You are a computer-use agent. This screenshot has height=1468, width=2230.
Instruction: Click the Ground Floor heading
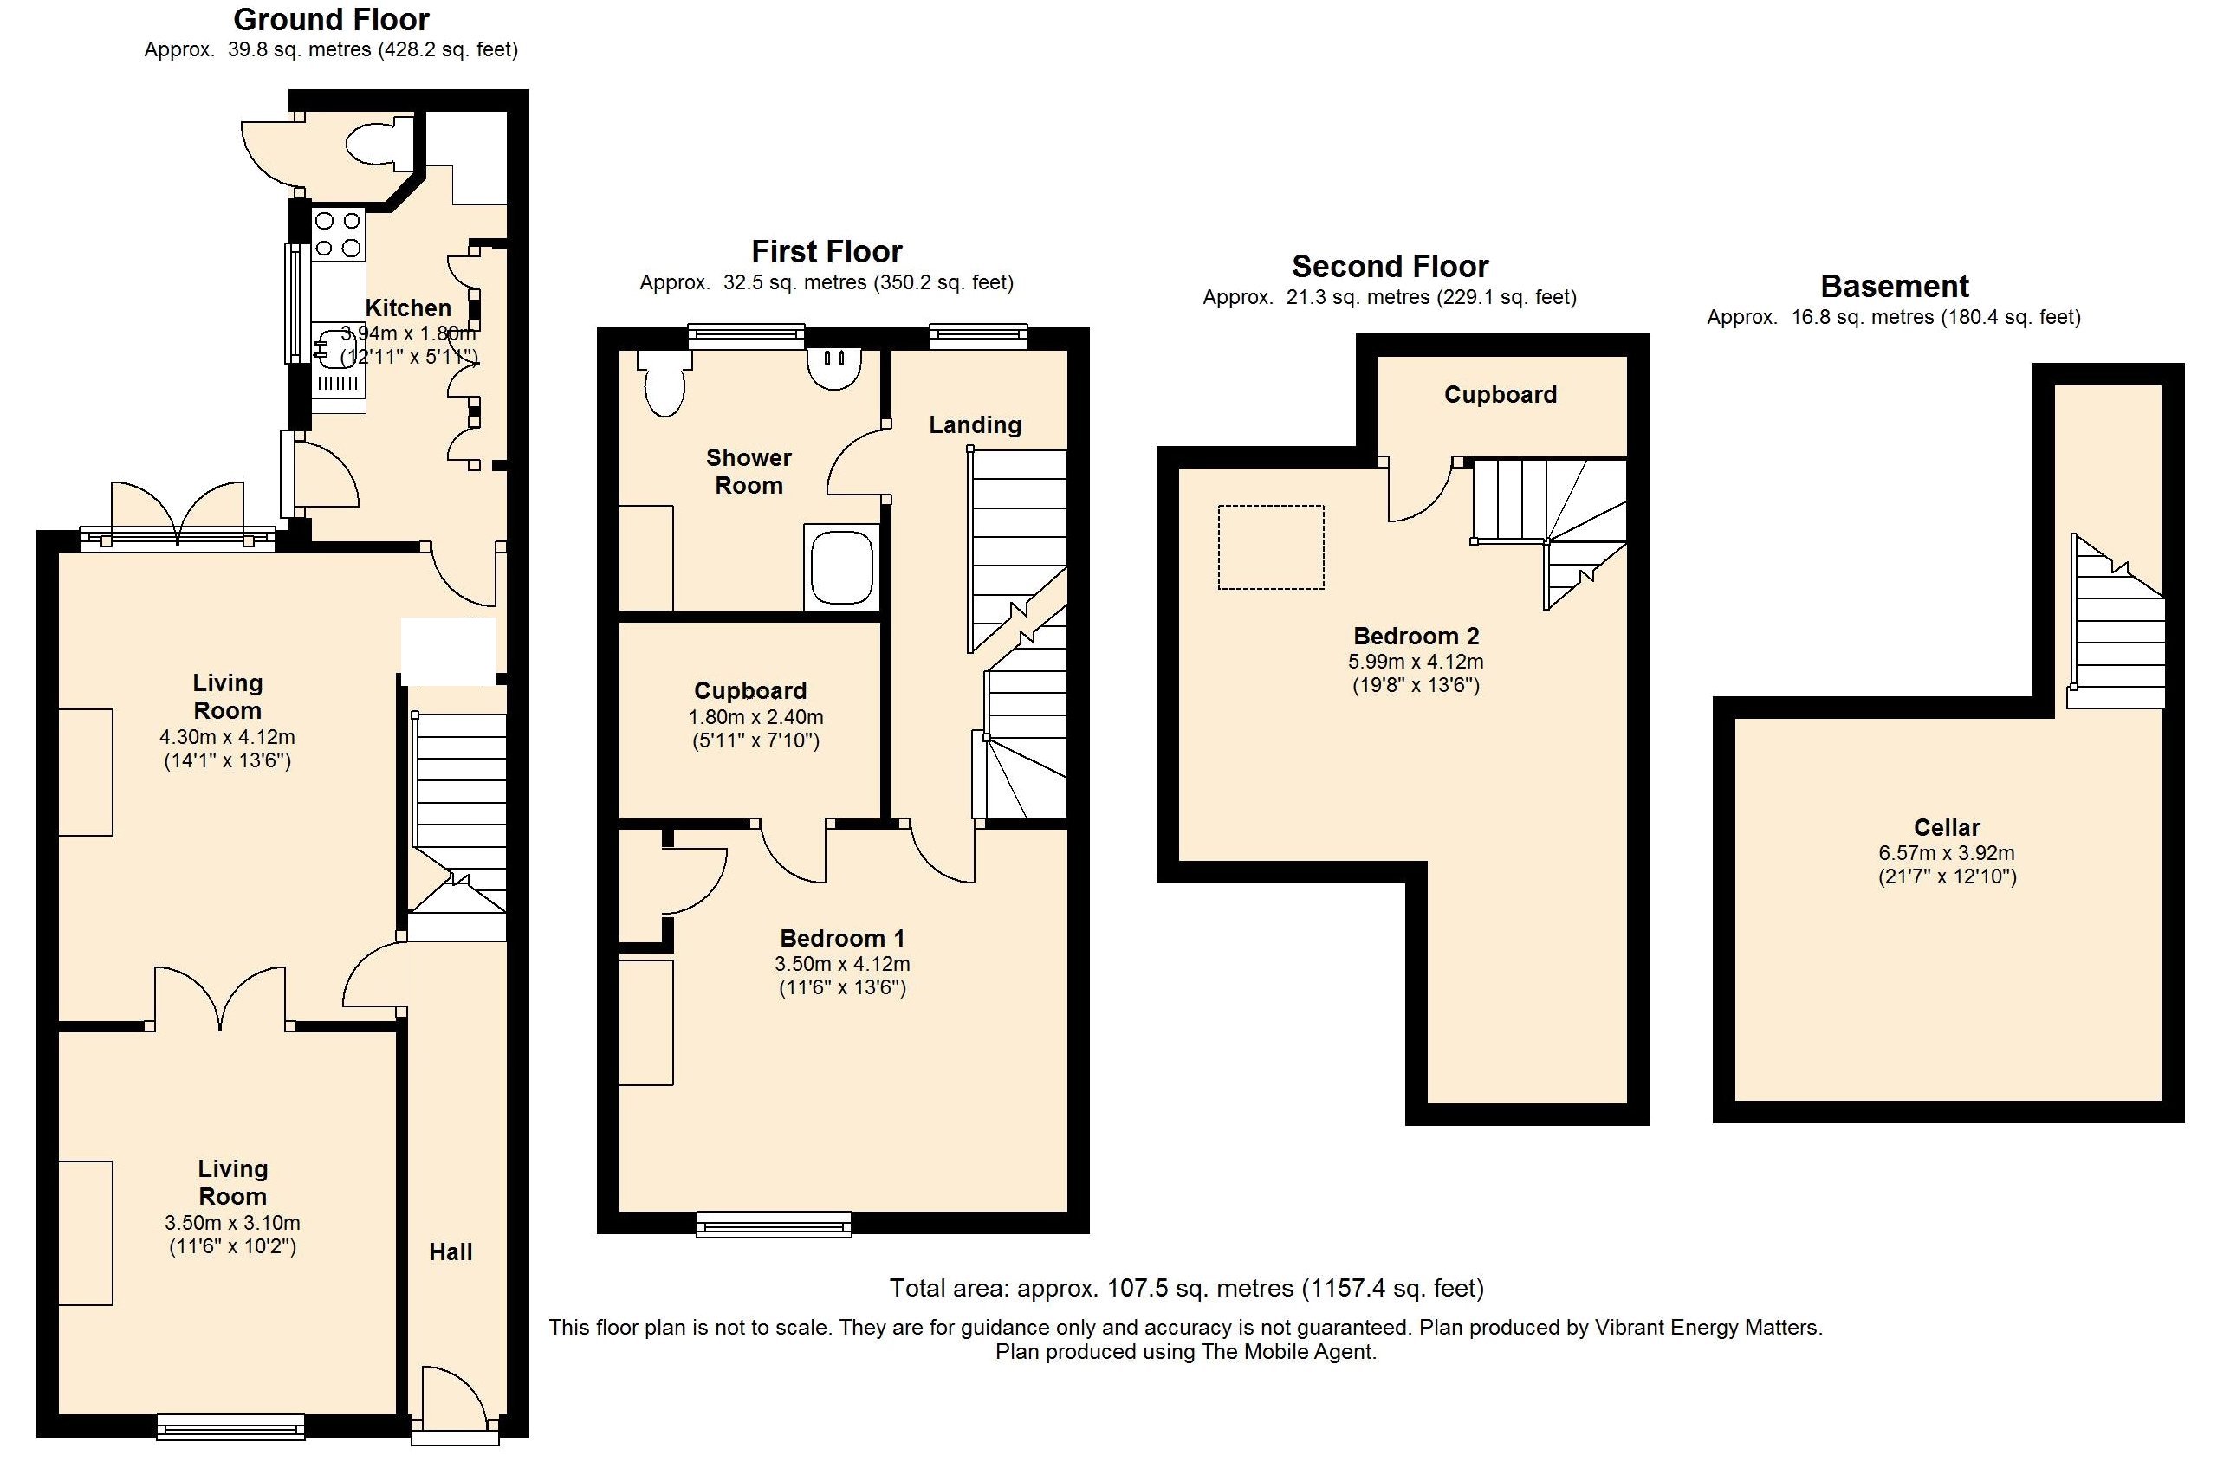(x=331, y=20)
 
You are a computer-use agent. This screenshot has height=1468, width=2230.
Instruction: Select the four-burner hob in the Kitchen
(x=337, y=234)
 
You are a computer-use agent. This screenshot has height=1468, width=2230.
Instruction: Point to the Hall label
(x=451, y=1252)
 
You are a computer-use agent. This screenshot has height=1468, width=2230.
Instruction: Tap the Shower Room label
(x=749, y=471)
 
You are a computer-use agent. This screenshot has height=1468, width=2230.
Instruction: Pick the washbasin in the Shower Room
(x=834, y=368)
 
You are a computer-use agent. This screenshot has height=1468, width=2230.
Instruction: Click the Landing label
(x=976, y=425)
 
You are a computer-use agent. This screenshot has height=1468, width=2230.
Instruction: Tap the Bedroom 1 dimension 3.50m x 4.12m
(x=842, y=964)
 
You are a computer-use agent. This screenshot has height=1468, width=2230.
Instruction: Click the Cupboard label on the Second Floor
(x=1501, y=394)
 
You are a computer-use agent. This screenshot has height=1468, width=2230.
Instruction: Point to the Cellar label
(x=1947, y=827)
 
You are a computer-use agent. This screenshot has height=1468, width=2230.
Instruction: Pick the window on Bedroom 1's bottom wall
(x=775, y=1225)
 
